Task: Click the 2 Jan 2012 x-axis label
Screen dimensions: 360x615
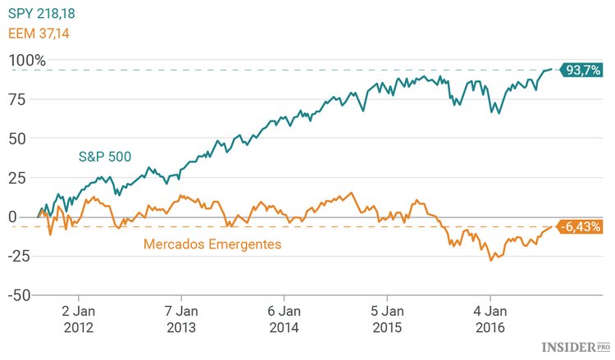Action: click(79, 319)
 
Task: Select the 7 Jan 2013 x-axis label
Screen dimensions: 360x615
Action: click(181, 319)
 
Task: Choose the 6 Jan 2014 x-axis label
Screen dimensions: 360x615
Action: click(285, 319)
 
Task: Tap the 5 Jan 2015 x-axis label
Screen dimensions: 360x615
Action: click(387, 319)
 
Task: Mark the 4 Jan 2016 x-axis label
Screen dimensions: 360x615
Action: click(490, 319)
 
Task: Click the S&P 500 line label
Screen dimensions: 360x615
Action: click(105, 155)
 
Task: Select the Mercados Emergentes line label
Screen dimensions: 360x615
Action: click(212, 244)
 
